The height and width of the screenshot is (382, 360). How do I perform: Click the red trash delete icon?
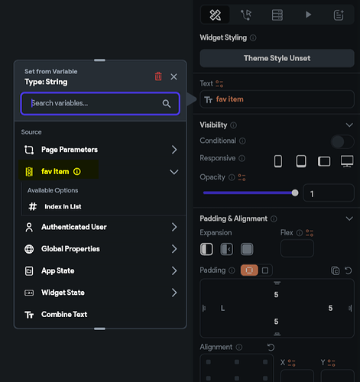[x=158, y=76]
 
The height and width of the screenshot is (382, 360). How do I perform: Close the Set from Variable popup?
[x=174, y=76]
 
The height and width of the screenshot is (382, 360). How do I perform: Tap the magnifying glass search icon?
[x=167, y=104]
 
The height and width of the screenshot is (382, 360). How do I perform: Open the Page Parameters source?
[x=100, y=150]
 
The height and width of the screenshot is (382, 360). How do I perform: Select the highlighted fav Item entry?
[x=59, y=172]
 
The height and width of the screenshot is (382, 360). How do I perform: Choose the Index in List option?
[x=63, y=206]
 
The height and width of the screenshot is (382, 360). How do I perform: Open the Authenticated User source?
[x=100, y=227]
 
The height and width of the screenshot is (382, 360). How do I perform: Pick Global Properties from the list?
[x=100, y=249]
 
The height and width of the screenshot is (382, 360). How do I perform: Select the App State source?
[x=100, y=270]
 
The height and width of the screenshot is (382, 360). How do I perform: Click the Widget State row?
[x=100, y=293]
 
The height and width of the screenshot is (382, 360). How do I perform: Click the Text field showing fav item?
[x=277, y=99]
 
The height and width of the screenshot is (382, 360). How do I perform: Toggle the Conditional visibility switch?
[x=342, y=141]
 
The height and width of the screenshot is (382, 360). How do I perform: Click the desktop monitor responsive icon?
[x=347, y=161]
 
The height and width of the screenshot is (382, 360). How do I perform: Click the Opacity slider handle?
[x=295, y=193]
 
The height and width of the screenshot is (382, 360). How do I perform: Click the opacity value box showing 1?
[x=329, y=193]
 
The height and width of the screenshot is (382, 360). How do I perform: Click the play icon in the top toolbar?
[x=308, y=15]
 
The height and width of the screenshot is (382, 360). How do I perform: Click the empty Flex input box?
[x=297, y=248]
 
